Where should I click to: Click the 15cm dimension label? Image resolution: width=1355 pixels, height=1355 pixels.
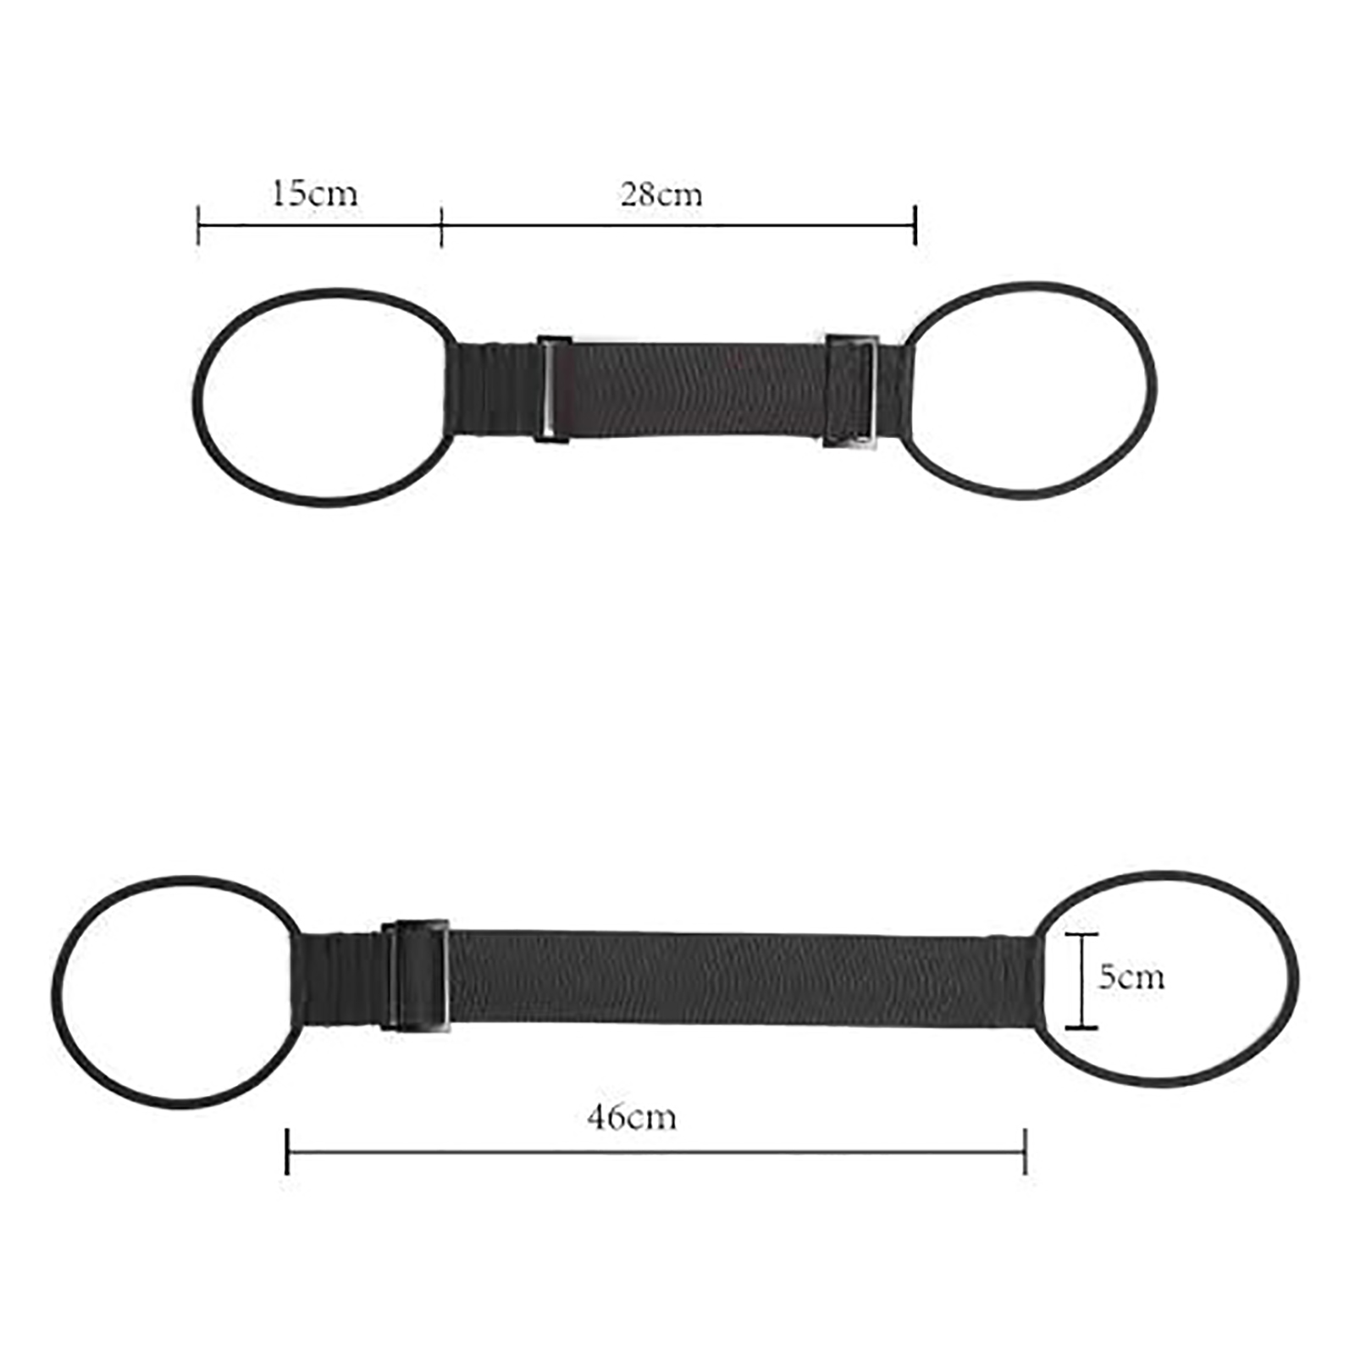pos(314,194)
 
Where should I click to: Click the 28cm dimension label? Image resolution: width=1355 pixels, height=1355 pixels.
pos(661,195)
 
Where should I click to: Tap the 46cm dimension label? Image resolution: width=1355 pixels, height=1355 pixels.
pos(632,1117)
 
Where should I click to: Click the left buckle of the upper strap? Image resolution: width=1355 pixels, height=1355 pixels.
pos(553,389)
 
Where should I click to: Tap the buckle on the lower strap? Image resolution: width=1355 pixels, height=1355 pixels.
pos(415,975)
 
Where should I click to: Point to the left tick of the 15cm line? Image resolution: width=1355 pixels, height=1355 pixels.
pos(198,225)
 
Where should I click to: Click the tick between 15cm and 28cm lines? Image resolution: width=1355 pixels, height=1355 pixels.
pos(441,225)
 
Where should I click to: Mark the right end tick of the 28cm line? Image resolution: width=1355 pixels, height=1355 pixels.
pos(915,225)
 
